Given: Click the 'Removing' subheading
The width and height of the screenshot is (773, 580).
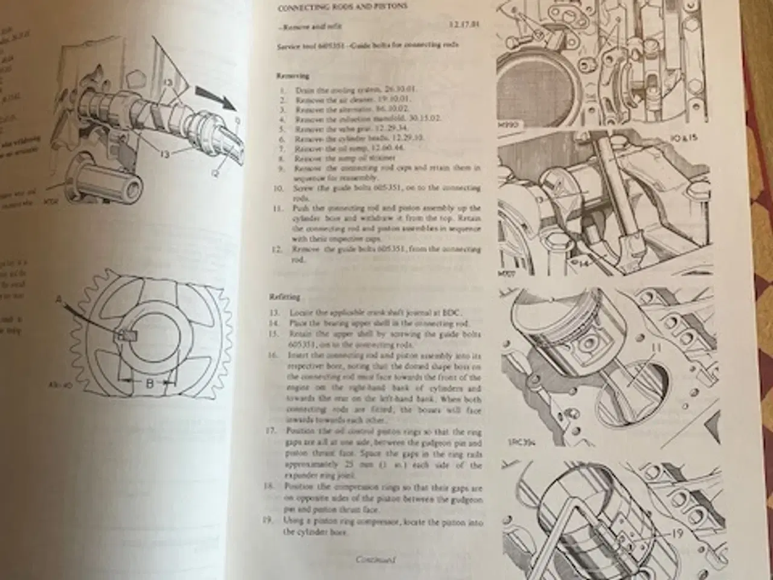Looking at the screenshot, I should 293,76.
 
